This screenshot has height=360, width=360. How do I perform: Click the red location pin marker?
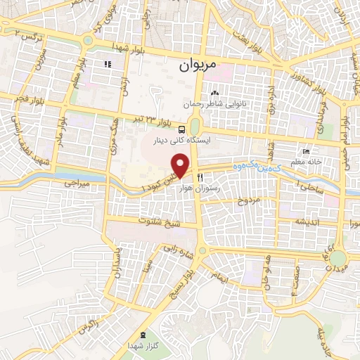pos(181,166)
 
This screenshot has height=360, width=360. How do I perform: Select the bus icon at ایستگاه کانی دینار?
pos(182,129)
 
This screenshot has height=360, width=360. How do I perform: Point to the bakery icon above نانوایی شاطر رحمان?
pos(215,93)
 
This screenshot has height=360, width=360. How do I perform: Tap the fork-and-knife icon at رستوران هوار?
pos(201,177)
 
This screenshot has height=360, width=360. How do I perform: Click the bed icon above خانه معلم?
pos(304,152)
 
